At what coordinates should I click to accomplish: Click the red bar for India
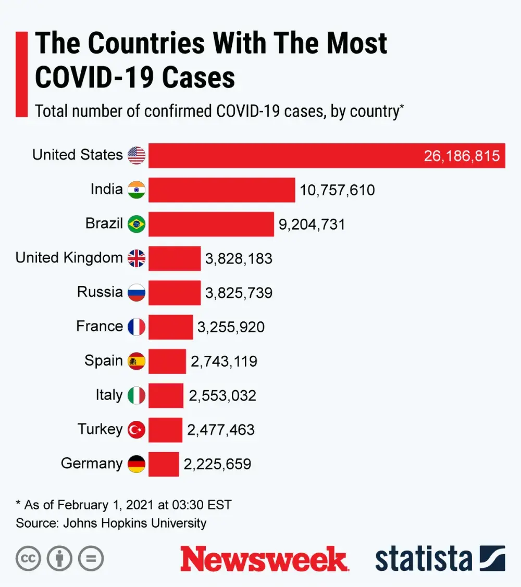tap(221, 190)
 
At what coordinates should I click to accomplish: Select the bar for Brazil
tap(211, 224)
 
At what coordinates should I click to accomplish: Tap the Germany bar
tap(164, 464)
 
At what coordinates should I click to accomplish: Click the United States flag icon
tap(137, 155)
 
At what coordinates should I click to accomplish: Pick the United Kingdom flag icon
tap(137, 258)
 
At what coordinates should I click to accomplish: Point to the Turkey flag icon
tap(137, 430)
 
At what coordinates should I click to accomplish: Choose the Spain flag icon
tap(137, 361)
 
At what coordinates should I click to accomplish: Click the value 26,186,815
tap(462, 156)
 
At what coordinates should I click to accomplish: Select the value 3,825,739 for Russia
tap(239, 293)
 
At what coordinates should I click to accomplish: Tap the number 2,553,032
tap(222, 396)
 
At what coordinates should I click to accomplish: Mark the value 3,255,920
tap(231, 327)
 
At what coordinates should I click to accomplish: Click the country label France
tap(100, 327)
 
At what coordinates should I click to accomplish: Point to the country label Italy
tap(109, 395)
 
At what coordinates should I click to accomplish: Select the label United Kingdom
tap(69, 258)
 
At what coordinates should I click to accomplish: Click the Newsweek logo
tap(264, 558)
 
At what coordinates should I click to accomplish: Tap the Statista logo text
tap(423, 558)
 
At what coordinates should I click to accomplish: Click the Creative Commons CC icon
tap(28, 559)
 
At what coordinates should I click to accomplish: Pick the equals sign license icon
tap(91, 559)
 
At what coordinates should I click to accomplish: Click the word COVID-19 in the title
tap(94, 78)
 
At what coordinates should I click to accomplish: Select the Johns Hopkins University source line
tap(111, 523)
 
